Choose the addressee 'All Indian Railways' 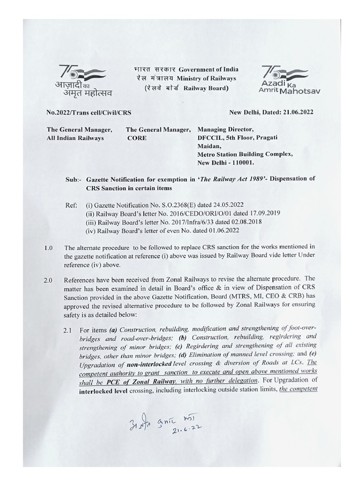click(x=75, y=138)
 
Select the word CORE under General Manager click(x=136, y=138)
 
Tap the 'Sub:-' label click(x=73, y=179)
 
